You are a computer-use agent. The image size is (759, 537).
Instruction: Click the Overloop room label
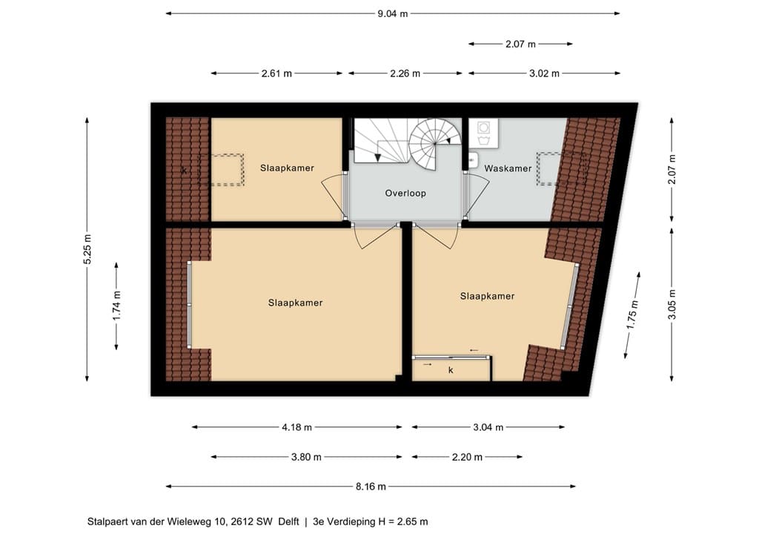(405, 193)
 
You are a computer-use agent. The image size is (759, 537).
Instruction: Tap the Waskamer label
(508, 168)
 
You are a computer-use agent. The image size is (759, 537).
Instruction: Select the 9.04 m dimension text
(393, 13)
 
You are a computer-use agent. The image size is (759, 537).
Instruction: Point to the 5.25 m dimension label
(87, 249)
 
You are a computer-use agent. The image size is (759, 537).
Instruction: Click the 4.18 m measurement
(296, 427)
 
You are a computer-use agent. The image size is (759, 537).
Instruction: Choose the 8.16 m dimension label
(371, 487)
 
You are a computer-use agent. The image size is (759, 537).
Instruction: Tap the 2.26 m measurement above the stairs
(405, 73)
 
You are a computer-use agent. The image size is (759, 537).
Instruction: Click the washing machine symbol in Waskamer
(483, 128)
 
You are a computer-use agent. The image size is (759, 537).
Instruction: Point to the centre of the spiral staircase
(434, 143)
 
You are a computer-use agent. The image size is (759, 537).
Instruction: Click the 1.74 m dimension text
(116, 306)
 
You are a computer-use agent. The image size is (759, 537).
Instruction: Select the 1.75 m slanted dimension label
(632, 315)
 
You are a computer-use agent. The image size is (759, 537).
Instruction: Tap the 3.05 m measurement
(672, 305)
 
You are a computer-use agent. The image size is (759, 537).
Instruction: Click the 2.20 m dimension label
(467, 457)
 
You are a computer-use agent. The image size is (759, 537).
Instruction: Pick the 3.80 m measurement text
(306, 457)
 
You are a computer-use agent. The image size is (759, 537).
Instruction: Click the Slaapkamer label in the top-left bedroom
(287, 168)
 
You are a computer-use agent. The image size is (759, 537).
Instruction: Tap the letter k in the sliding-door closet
(451, 370)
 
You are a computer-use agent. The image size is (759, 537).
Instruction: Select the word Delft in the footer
(288, 522)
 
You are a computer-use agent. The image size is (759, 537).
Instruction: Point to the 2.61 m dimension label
(277, 73)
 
